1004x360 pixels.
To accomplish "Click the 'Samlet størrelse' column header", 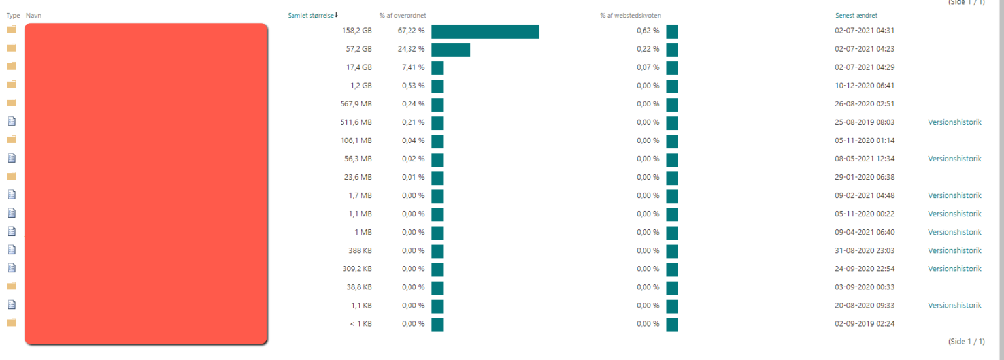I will pos(311,15).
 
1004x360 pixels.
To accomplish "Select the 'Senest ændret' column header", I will pos(856,15).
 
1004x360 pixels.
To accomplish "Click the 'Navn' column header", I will pos(33,15).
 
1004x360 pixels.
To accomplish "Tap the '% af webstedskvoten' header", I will pos(630,15).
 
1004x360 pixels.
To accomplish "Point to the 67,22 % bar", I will pos(485,31).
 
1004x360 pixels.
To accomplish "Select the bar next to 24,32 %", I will pos(450,50).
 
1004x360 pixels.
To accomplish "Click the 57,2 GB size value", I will pos(358,49).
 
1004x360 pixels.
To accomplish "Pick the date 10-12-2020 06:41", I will pos(864,86).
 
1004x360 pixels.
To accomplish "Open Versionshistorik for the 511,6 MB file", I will pos(954,122).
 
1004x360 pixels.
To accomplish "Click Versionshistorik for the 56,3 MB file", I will pos(954,159).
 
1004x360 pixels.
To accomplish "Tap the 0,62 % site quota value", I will pos(648,31).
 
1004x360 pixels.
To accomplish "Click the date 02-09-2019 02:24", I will pos(864,323).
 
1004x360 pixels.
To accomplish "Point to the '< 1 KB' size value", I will pos(360,323).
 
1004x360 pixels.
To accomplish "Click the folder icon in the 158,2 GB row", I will pos(11,29).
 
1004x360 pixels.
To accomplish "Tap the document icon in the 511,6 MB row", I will pos(11,121).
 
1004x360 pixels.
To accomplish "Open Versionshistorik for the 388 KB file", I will pos(954,250).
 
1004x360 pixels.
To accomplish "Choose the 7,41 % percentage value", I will pos(412,67).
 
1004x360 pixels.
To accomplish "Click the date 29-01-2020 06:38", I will pos(864,177).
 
